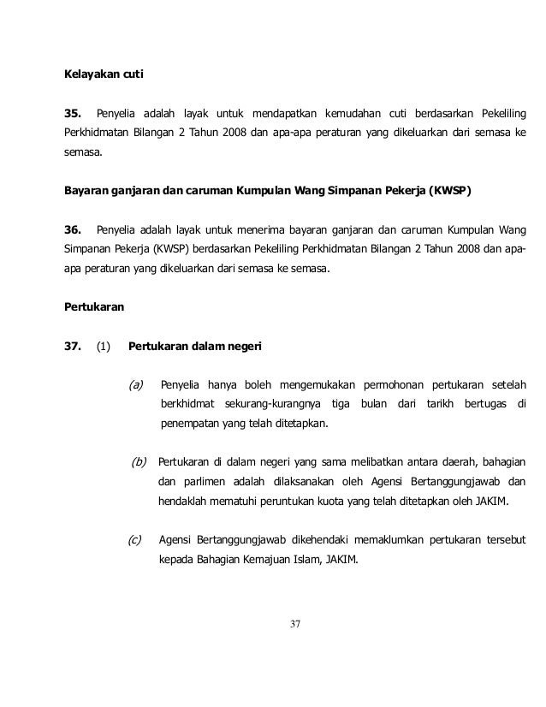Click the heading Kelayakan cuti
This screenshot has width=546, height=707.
pos(104,75)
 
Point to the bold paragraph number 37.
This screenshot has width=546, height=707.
pos(74,347)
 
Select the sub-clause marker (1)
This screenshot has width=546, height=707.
pos(104,347)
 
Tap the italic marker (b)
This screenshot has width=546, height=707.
pos(137,462)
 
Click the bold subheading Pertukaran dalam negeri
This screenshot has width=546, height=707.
pos(196,347)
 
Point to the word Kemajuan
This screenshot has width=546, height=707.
pos(278,561)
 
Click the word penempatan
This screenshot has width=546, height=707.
pos(192,423)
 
